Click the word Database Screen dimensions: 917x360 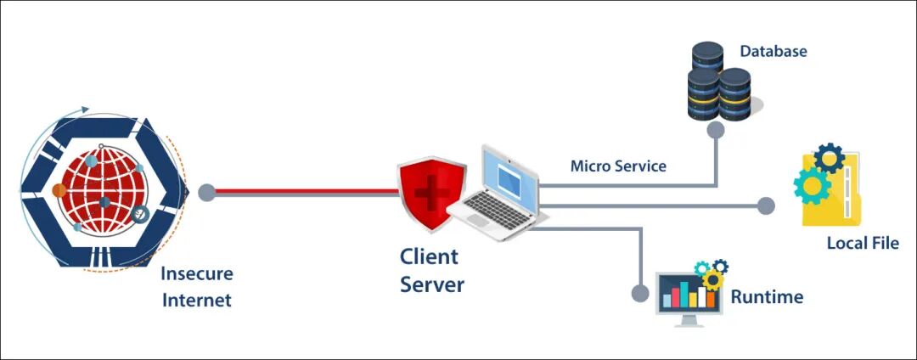(774, 52)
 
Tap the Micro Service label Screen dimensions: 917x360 (618, 166)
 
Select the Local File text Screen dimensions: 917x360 (863, 243)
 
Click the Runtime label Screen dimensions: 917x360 (767, 297)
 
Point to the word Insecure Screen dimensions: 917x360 (196, 273)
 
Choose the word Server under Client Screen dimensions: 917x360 (431, 284)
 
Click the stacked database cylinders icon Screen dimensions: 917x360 (719, 82)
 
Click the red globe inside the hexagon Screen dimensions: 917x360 (105, 190)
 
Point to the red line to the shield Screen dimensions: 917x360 (307, 190)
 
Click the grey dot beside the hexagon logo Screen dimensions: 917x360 (206, 193)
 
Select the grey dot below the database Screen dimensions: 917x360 (715, 130)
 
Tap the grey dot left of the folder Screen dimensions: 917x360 (766, 205)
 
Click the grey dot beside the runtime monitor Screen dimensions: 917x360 (640, 291)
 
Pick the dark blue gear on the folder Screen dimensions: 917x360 (830, 158)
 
